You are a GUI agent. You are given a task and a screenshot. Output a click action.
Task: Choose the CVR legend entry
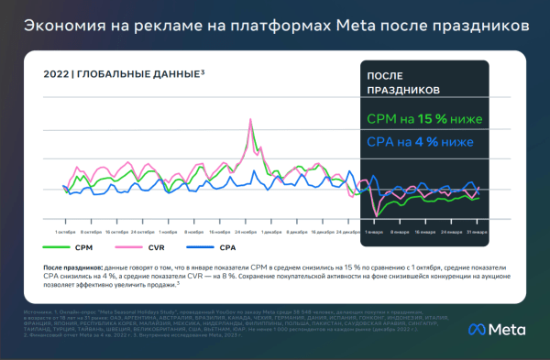[156, 247]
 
